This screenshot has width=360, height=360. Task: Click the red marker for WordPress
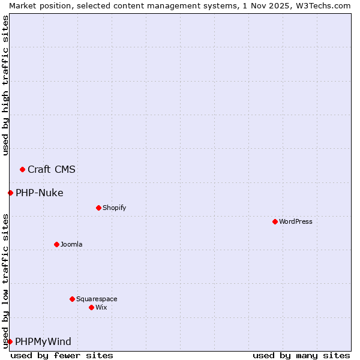[x=275, y=221]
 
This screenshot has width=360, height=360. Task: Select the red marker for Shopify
[x=98, y=208]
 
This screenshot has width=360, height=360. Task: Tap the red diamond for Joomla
[x=56, y=244]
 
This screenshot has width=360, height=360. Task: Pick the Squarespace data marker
[x=72, y=299]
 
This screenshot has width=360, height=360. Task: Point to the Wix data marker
[x=91, y=307]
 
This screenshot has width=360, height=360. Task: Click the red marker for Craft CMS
[x=22, y=169]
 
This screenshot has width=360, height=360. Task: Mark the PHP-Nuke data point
[x=10, y=193]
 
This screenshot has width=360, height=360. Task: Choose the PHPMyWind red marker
[x=10, y=341]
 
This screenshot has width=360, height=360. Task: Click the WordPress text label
[x=296, y=221]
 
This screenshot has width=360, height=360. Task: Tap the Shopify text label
[x=115, y=208]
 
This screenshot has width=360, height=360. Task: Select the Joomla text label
[x=71, y=244]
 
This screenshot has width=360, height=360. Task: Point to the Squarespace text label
[x=97, y=299]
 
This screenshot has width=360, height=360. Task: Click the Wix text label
[x=101, y=307]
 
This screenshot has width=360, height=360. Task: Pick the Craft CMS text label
[x=52, y=169]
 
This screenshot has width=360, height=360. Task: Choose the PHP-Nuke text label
[x=40, y=193]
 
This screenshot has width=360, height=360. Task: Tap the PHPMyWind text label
[x=43, y=341]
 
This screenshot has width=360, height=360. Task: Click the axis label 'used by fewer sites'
[x=62, y=355]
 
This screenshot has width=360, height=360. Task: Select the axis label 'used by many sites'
[x=301, y=355]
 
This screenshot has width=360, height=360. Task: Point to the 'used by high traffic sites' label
[x=5, y=85]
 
